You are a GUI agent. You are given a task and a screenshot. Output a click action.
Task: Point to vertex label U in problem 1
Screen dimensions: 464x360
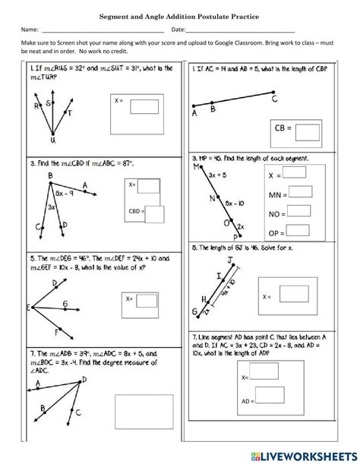(x=52, y=140)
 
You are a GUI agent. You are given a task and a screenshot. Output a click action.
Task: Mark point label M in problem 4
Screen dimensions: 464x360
(x=196, y=166)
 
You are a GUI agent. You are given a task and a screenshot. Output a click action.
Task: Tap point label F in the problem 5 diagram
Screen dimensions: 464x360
(x=58, y=332)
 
